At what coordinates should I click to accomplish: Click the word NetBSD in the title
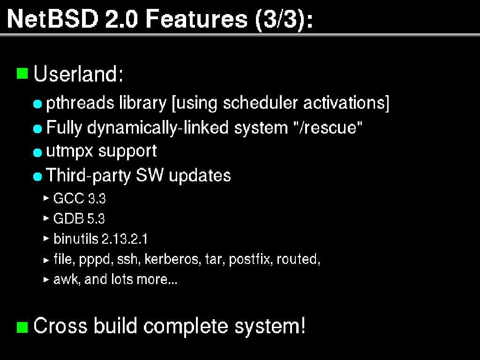coord(52,19)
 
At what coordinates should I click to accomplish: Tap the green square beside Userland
coord(22,74)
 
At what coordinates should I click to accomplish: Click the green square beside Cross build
coord(22,327)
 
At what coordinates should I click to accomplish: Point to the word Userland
coord(78,74)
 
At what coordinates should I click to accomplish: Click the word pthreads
coord(80,103)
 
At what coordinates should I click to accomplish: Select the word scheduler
coord(260,103)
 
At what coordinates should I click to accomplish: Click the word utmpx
coord(69,151)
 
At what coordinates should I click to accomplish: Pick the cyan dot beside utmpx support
coord(37,152)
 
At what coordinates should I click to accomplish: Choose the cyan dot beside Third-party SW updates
coord(37,177)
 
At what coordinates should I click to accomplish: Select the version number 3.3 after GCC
coord(97,199)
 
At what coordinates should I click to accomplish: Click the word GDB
coord(68,218)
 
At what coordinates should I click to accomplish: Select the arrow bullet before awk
coord(46,279)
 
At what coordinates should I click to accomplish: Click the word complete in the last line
coord(186,326)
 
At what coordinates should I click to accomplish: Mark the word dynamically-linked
coord(157,127)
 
